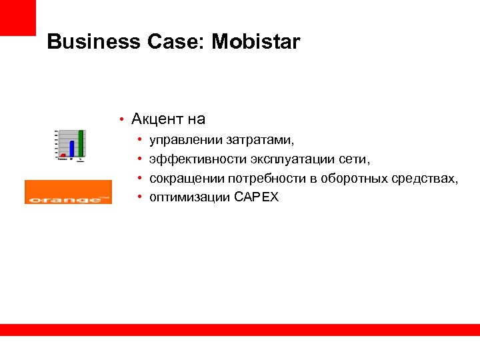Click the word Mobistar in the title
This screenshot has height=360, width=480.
click(x=256, y=43)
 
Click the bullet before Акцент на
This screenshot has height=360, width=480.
click(x=121, y=120)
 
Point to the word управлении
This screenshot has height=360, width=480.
click(x=187, y=141)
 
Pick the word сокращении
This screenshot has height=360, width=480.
click(x=187, y=179)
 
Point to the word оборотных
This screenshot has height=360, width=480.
click(x=354, y=179)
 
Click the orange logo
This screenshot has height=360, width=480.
click(x=68, y=192)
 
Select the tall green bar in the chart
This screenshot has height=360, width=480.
click(x=81, y=143)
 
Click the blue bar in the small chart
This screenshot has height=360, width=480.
click(x=72, y=148)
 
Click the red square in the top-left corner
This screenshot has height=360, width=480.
click(x=17, y=17)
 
